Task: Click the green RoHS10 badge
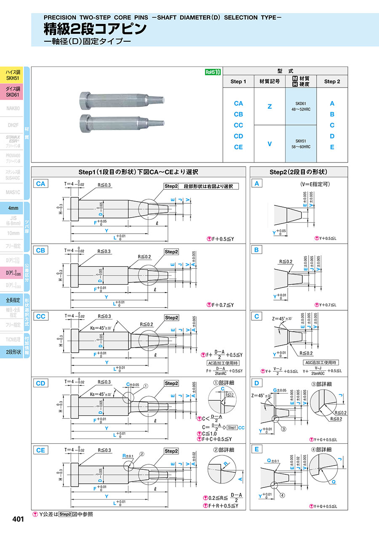[x=213, y=72]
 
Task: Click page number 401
[x=18, y=519]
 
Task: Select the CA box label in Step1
[x=40, y=184]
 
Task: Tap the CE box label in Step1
[x=40, y=450]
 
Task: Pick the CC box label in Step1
[x=40, y=317]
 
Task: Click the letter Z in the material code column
[x=270, y=107]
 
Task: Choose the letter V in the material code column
[x=270, y=144]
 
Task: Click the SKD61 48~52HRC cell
[x=301, y=106]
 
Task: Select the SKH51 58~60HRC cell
[x=301, y=144]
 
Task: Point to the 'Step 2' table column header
[x=332, y=82]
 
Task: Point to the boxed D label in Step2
[x=256, y=383]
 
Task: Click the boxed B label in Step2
[x=256, y=250]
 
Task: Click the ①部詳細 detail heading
[x=223, y=383]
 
